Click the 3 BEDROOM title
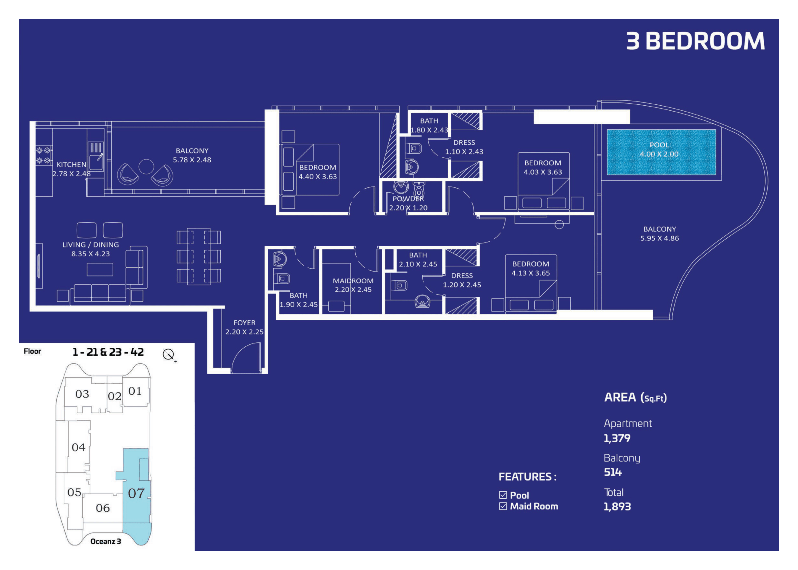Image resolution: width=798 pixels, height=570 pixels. (695, 41)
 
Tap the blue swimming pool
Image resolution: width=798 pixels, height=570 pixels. (661, 152)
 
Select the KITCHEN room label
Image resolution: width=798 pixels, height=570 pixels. (72, 164)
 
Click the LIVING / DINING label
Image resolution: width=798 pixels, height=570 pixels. (91, 245)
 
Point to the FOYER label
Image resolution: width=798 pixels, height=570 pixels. (244, 323)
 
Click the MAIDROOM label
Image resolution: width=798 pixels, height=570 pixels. (353, 281)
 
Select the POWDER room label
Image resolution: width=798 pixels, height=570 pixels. (408, 199)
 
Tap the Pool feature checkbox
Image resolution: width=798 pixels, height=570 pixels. (503, 495)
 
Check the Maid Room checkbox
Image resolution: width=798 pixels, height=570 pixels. (503, 506)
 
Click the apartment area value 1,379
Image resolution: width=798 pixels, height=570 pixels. (617, 438)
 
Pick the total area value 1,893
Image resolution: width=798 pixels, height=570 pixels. (617, 506)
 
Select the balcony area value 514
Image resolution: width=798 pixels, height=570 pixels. (613, 472)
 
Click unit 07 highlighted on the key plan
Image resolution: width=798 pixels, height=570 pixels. (136, 493)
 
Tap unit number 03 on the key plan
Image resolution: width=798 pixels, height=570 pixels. (82, 394)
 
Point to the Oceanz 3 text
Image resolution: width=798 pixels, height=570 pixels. (106, 541)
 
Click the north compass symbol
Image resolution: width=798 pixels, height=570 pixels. (169, 355)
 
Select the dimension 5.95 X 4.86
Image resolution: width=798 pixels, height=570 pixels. (659, 238)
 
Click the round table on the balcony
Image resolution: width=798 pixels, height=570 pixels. (146, 166)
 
